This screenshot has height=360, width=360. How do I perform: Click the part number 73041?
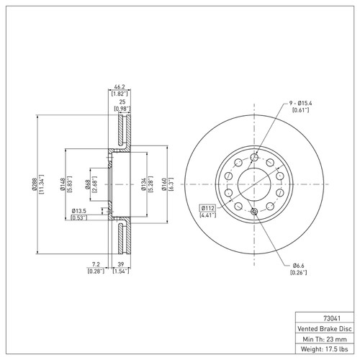tap(332, 318)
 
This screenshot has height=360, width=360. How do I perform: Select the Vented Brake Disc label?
tap(325, 328)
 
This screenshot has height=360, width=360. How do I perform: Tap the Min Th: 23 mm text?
tap(325, 339)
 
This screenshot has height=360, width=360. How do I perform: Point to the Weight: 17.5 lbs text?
tap(324, 349)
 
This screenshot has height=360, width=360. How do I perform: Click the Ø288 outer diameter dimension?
tap(34, 184)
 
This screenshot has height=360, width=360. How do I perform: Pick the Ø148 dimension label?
tap(63, 184)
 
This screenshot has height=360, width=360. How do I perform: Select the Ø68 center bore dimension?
tap(88, 184)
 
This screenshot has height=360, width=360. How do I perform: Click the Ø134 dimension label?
tap(143, 184)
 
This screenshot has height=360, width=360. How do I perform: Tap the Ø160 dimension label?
tap(164, 184)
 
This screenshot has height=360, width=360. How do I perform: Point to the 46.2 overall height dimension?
tap(120, 86)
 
